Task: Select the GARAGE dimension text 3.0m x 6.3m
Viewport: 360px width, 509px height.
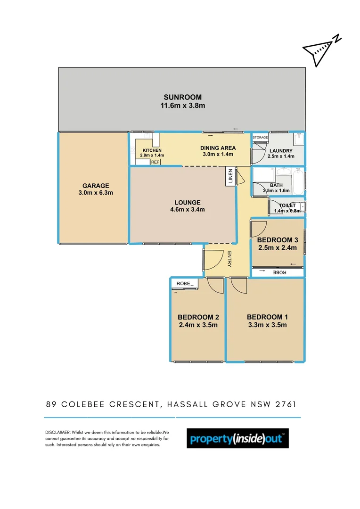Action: (x=96, y=193)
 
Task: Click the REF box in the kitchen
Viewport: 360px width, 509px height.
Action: (x=155, y=162)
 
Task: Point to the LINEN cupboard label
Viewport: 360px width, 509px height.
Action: (x=230, y=177)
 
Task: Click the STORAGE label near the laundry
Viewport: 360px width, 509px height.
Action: (x=260, y=138)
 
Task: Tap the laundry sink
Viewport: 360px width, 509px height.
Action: (x=299, y=140)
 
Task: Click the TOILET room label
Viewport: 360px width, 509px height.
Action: (x=287, y=205)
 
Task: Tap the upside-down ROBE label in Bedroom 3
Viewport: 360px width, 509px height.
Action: (x=279, y=272)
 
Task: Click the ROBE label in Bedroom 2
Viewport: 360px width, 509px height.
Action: (x=184, y=283)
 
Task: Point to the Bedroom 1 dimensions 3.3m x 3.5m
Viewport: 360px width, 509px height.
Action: (x=266, y=325)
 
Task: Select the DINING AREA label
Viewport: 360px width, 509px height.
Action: (x=218, y=148)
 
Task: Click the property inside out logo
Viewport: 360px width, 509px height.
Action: (x=237, y=439)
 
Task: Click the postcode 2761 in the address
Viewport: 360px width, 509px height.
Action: (x=285, y=404)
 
